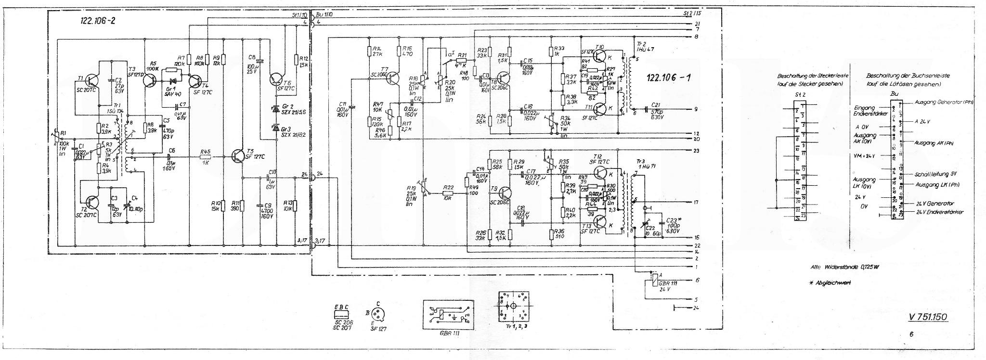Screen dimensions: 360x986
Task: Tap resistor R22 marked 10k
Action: (x=449, y=193)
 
